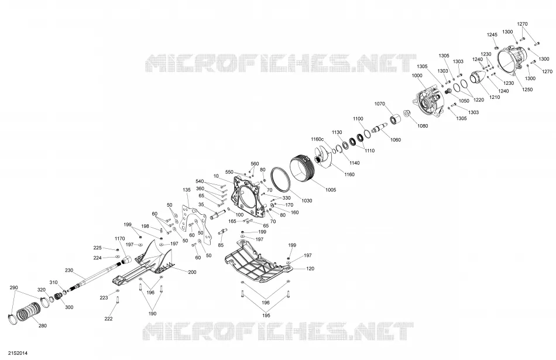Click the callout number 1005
330,190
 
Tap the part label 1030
307,201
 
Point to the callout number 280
42,325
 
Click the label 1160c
317,139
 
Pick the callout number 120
310,269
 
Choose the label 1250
527,90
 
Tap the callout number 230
69,270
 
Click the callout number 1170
120,238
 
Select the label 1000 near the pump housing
417,76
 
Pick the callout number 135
187,190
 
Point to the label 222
108,319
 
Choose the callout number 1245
492,35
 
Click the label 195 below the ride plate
266,316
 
